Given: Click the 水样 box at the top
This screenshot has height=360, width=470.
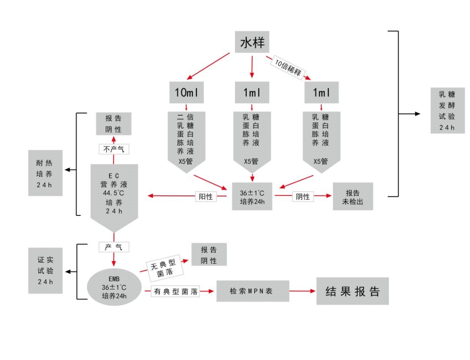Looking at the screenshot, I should pyautogui.click(x=252, y=42).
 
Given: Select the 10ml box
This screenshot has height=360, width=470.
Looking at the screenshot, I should pyautogui.click(x=187, y=92).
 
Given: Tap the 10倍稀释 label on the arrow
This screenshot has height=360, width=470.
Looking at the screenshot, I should pyautogui.click(x=288, y=68).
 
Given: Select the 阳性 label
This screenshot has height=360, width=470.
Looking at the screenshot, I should pyautogui.click(x=206, y=197).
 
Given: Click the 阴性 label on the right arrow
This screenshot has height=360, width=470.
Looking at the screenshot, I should pyautogui.click(x=302, y=197).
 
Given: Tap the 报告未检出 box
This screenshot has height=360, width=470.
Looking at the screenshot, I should pyautogui.click(x=352, y=197).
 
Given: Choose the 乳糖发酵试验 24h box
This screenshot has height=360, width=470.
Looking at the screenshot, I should pyautogui.click(x=447, y=110).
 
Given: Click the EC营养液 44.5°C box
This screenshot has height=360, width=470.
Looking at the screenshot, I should pyautogui.click(x=114, y=194).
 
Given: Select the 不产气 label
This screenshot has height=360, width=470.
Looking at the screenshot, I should pyautogui.click(x=114, y=149).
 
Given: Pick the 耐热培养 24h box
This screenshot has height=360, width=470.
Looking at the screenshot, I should pyautogui.click(x=45, y=172).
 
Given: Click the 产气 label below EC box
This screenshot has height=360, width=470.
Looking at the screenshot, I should pyautogui.click(x=114, y=247).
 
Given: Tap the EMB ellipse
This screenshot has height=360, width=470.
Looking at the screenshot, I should pyautogui.click(x=114, y=287).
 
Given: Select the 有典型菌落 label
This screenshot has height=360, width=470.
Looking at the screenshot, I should pyautogui.click(x=175, y=292).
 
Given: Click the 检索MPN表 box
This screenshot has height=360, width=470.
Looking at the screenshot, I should pyautogui.click(x=252, y=291).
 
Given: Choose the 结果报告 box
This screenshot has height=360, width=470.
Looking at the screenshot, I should pyautogui.click(x=352, y=291).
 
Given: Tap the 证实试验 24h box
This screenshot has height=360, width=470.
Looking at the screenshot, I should pyautogui.click(x=45, y=270).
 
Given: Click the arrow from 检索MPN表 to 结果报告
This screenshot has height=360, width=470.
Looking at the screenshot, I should pyautogui.click(x=302, y=291).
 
